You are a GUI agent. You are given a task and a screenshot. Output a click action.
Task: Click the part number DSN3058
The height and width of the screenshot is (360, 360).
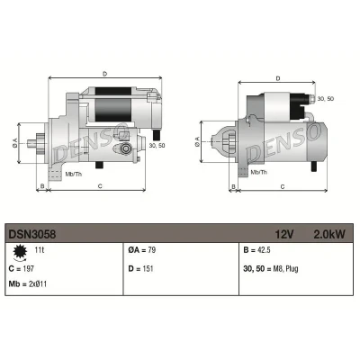point(32,234)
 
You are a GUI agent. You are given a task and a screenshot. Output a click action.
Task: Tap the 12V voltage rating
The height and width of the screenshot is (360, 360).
point(284,234)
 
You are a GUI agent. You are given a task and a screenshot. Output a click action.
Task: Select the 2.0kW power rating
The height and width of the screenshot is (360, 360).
point(329,234)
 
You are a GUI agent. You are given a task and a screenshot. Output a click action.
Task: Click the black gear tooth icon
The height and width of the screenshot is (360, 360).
point(20,252)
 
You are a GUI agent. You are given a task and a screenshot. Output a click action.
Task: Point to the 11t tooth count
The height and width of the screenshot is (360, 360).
point(39,249)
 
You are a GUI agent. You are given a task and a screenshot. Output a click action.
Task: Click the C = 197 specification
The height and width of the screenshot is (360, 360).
point(22,268)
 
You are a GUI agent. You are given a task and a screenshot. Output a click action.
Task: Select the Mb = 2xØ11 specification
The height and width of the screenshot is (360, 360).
point(28,283)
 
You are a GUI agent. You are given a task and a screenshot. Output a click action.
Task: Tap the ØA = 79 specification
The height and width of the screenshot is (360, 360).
point(142,250)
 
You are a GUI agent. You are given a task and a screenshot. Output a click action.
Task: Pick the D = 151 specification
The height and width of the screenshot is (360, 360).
point(140,268)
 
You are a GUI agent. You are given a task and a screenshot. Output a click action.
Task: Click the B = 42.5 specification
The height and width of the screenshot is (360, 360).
point(256,250)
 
